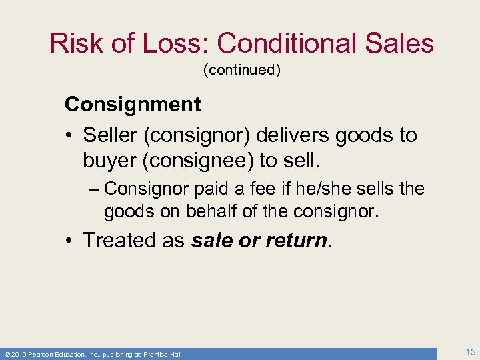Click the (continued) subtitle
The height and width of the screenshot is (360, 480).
242,70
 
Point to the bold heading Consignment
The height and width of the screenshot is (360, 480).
133,104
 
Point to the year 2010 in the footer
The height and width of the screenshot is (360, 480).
19,353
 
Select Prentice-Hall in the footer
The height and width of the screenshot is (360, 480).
163,353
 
